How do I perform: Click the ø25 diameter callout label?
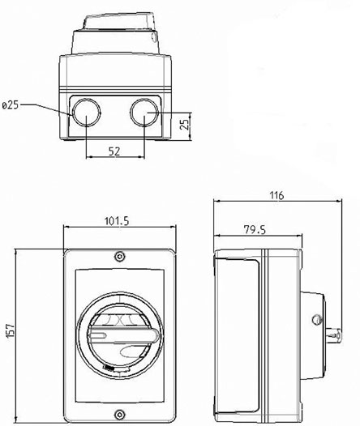point(11,104)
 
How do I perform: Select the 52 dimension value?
point(114,151)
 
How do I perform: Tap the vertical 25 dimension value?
point(185,124)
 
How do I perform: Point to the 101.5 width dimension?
point(117,221)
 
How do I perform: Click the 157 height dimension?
point(11,330)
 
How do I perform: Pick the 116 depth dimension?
point(276,195)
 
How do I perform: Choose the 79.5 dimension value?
point(255,229)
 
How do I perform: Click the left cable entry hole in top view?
point(86,113)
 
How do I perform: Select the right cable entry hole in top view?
point(144,113)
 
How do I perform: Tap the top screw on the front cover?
point(119,256)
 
